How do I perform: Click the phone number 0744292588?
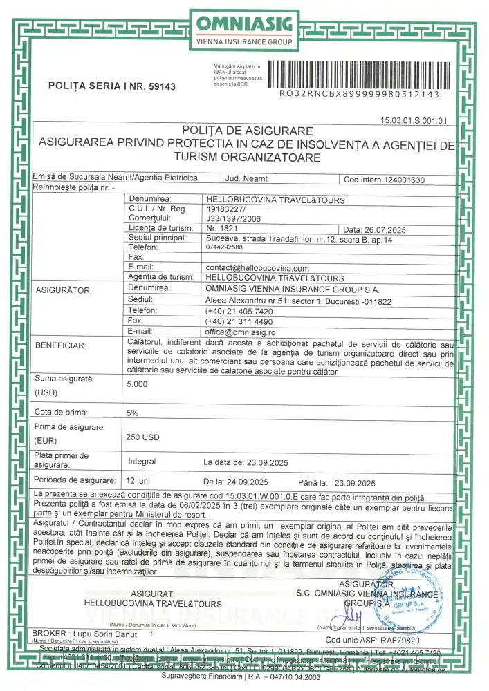tap(224, 247)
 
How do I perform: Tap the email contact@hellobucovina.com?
tap(257, 268)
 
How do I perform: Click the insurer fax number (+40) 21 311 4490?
tap(239, 321)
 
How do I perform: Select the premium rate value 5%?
tap(132, 413)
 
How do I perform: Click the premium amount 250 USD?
tap(142, 437)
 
